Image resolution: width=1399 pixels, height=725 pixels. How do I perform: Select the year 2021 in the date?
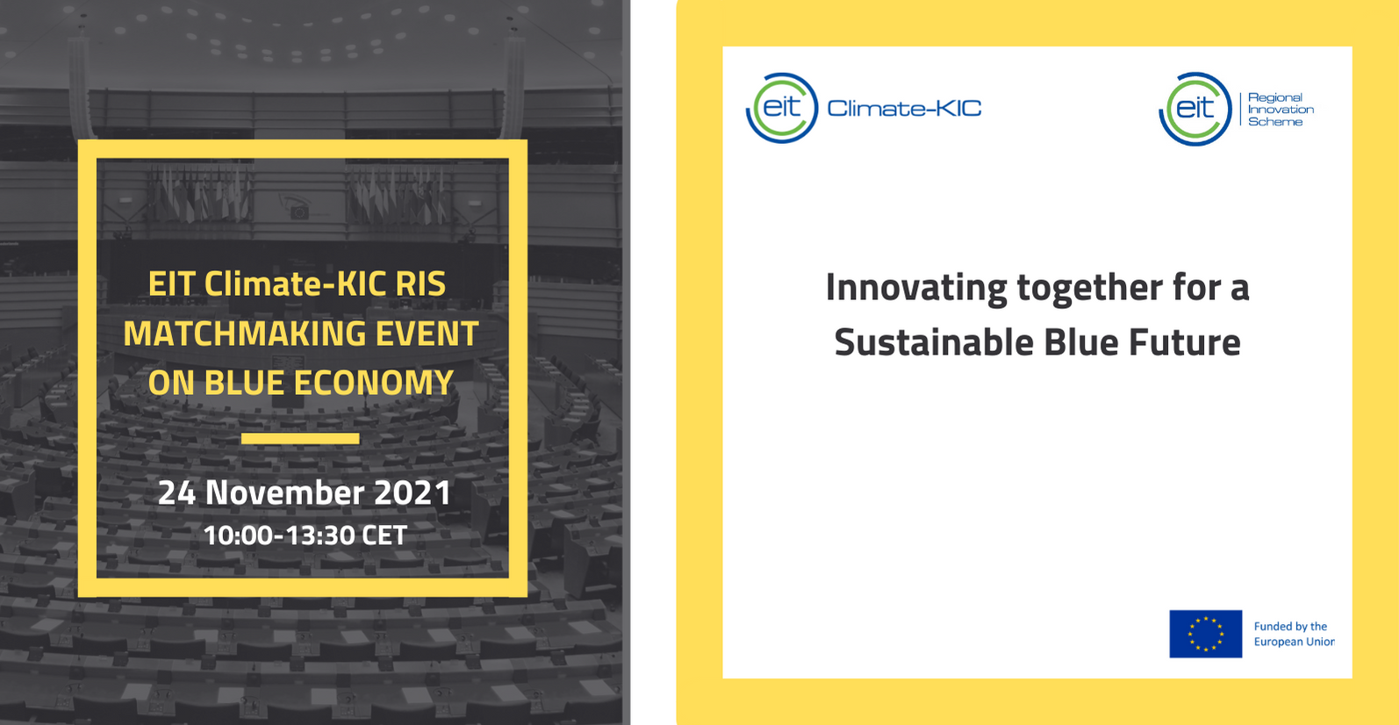[413, 492]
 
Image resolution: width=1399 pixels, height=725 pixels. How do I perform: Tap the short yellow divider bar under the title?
[300, 438]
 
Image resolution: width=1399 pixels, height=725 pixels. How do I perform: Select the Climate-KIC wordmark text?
[904, 109]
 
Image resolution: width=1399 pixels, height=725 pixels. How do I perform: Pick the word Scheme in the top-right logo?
[1275, 122]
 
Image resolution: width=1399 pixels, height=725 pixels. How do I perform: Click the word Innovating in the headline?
[916, 288]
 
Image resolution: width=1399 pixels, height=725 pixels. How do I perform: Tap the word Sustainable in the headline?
[934, 343]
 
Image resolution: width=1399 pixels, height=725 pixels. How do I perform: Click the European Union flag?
[1205, 634]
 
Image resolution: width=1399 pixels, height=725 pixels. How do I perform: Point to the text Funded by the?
[1290, 627]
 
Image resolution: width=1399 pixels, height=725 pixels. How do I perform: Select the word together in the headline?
[1090, 288]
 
